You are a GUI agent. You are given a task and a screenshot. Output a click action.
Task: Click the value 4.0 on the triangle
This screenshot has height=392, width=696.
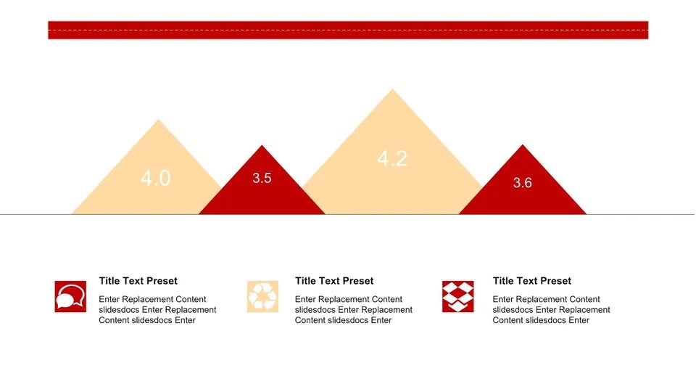pyautogui.click(x=155, y=178)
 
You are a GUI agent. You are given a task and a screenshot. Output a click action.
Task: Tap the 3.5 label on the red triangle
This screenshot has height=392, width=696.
pyautogui.click(x=262, y=178)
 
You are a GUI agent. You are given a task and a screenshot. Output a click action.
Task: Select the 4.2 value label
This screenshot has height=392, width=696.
pyautogui.click(x=392, y=159)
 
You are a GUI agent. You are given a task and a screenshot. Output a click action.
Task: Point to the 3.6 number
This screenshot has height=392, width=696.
pyautogui.click(x=522, y=183)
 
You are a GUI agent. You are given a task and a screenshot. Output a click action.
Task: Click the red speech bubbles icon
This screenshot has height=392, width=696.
pyautogui.click(x=70, y=296)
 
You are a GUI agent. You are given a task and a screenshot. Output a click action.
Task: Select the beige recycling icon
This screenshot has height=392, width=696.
pyautogui.click(x=262, y=296)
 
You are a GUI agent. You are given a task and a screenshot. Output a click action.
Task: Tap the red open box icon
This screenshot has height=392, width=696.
pyautogui.click(x=457, y=296)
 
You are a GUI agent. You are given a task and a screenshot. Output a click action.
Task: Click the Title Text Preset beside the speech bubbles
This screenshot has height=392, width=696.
pyautogui.click(x=138, y=281)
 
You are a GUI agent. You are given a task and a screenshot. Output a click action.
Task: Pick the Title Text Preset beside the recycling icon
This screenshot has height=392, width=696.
pyautogui.click(x=334, y=281)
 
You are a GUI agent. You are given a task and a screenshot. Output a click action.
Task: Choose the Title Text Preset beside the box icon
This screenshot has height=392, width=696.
pyautogui.click(x=531, y=281)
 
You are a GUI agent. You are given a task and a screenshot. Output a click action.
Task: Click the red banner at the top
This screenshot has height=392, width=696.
pyautogui.click(x=348, y=30)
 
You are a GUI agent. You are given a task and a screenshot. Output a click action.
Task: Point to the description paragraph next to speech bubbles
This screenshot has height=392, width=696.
pyautogui.click(x=157, y=310)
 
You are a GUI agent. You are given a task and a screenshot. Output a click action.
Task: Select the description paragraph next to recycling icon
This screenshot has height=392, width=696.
pyautogui.click(x=353, y=310)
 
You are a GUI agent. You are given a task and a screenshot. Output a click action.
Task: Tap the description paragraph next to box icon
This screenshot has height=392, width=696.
pyautogui.click(x=551, y=310)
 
